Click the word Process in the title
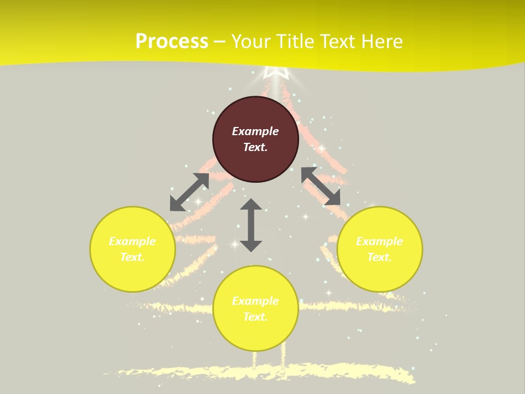pyautogui.click(x=172, y=42)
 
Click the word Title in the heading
pyautogui.click(x=296, y=42)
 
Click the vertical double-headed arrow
pyautogui.click(x=251, y=225)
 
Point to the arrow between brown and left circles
pyautogui.click(x=189, y=192)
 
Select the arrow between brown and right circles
pyautogui.click(x=320, y=186)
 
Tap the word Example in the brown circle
pyautogui.click(x=255, y=131)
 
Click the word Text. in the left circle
pyautogui.click(x=132, y=257)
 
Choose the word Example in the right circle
pyautogui.click(x=380, y=241)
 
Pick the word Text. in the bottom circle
pyautogui.click(x=255, y=317)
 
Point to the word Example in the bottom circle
pyautogui.click(x=255, y=301)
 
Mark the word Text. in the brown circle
pyautogui.click(x=255, y=147)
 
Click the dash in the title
pyautogui.click(x=220, y=42)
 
